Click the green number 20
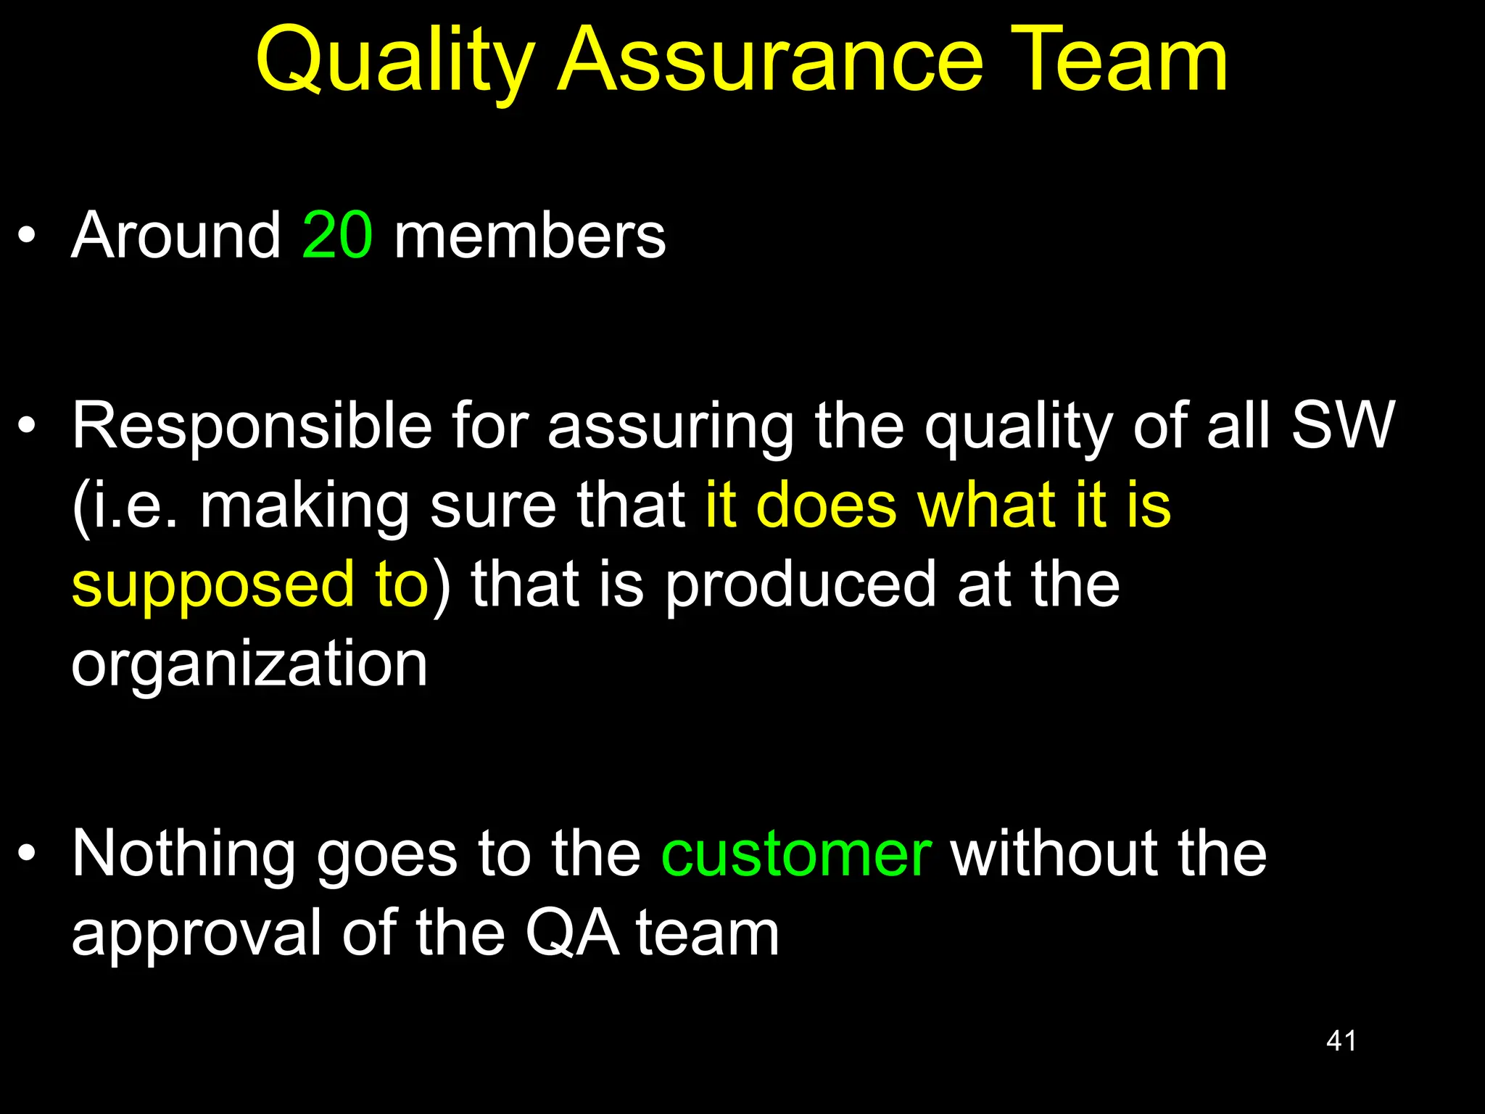tap(337, 235)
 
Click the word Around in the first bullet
tap(176, 235)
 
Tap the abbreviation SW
tap(1342, 426)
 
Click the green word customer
tap(796, 855)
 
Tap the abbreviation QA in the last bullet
tap(572, 934)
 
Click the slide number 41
tap(1341, 1041)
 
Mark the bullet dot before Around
tap(27, 236)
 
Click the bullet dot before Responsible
tap(27, 426)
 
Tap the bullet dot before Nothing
tap(27, 854)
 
